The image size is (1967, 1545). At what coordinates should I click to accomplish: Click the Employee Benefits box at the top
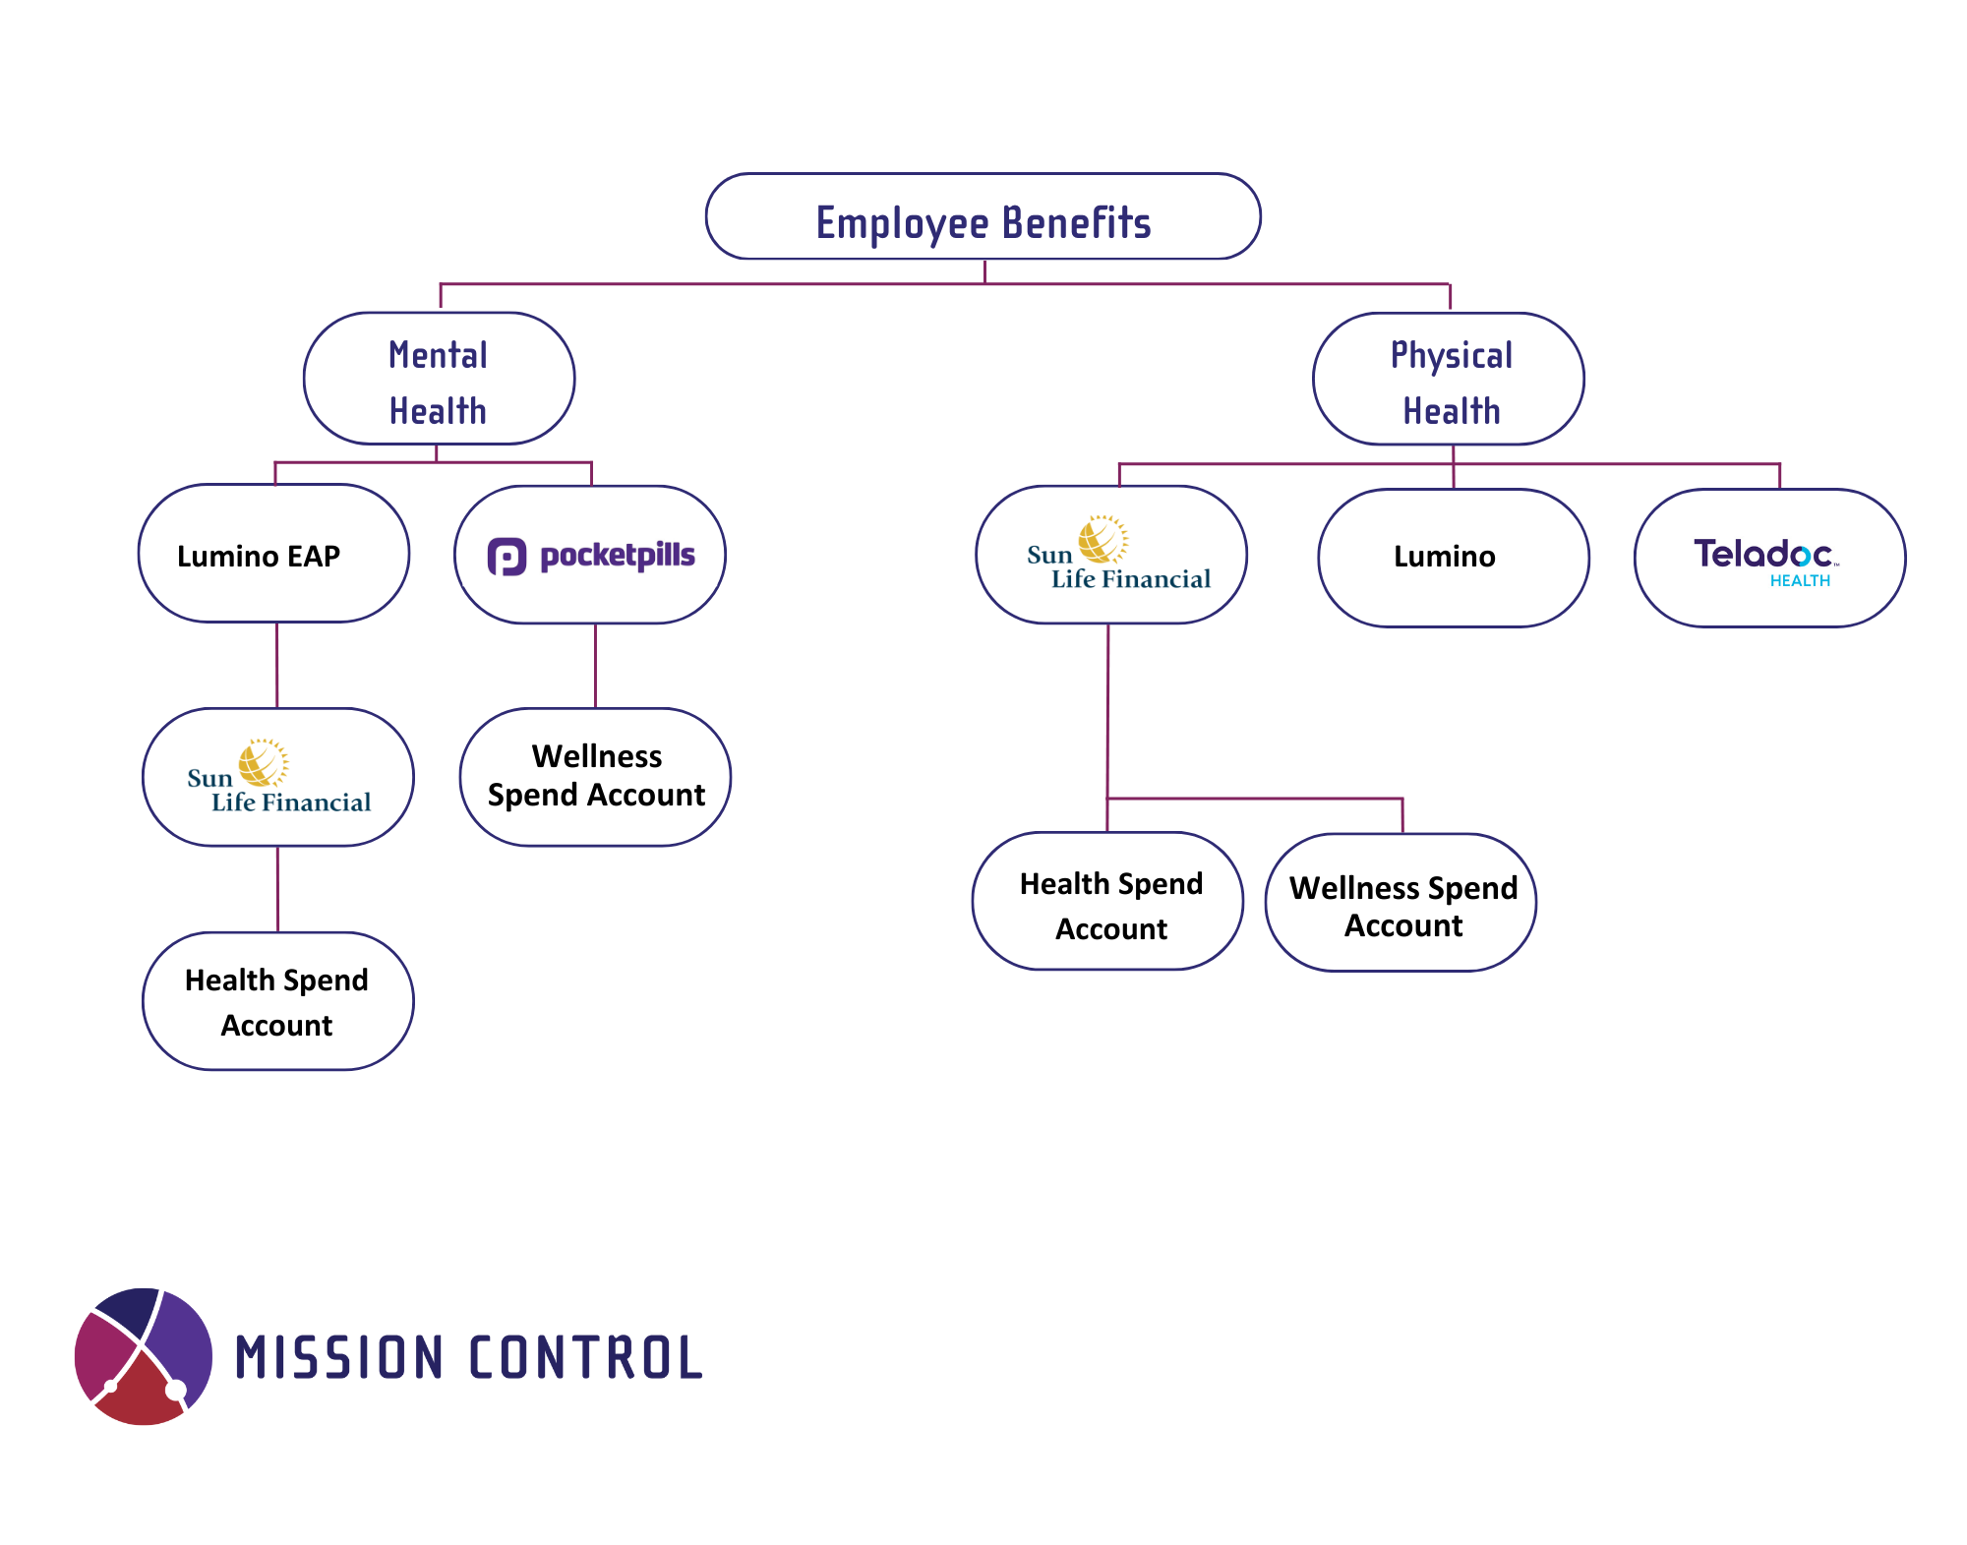[x=983, y=216]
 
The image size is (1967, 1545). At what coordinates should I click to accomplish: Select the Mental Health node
[x=439, y=379]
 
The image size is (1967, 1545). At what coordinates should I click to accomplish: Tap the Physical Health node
[x=1449, y=379]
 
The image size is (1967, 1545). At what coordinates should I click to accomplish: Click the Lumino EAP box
[x=273, y=553]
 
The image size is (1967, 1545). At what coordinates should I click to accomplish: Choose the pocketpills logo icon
[x=507, y=557]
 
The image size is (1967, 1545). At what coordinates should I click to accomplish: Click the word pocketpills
[x=618, y=556]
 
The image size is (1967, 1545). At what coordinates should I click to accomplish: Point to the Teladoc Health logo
[x=1765, y=562]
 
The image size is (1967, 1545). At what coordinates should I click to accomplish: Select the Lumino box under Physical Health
[x=1454, y=558]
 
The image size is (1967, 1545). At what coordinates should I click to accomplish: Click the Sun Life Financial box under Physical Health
[x=1111, y=555]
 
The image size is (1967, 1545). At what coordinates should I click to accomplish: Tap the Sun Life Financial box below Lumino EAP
[x=278, y=777]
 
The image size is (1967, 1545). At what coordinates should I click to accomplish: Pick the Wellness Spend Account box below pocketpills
[x=595, y=777]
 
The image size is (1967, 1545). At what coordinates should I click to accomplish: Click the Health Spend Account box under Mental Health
[x=278, y=1001]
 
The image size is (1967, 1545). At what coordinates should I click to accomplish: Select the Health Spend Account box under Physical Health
[x=1108, y=901]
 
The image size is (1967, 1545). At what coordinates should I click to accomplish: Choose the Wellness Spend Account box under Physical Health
[x=1401, y=903]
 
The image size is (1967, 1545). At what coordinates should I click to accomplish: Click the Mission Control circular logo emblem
[x=144, y=1356]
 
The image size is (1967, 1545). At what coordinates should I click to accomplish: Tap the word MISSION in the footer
[x=339, y=1358]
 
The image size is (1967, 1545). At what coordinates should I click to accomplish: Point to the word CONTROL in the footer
[x=586, y=1358]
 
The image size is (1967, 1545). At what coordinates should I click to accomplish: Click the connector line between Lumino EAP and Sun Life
[x=277, y=666]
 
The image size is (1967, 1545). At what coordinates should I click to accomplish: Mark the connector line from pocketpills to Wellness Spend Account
[x=595, y=666]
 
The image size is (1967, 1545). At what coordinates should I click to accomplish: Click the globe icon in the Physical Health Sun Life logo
[x=1103, y=539]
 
